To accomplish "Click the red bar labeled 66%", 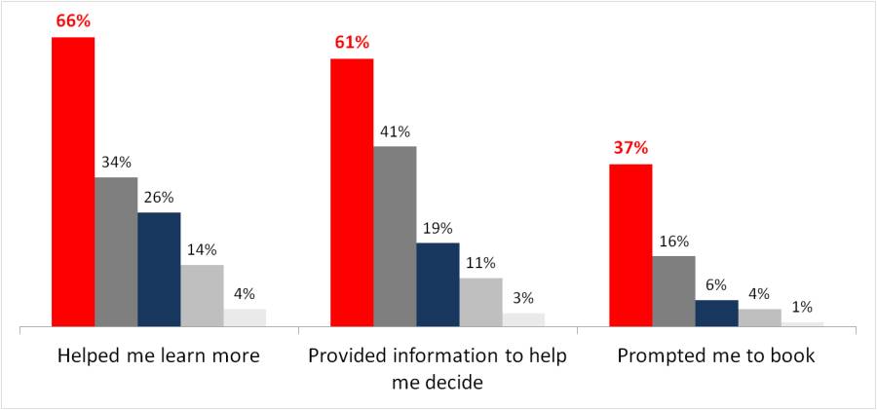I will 73,181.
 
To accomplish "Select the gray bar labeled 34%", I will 116,251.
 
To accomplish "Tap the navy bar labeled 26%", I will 159,269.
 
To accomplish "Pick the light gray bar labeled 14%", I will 202,295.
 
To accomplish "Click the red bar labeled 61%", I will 352,192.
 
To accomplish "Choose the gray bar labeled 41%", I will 395,236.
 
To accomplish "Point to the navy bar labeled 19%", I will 438,284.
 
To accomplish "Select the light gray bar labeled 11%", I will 480,302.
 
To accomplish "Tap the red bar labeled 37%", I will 630,244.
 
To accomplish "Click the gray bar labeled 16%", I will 673,290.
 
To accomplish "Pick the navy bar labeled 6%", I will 716,313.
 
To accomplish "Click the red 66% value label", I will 73,19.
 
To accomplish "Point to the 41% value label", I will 395,131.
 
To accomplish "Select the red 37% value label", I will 630,148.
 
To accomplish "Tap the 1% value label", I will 802,307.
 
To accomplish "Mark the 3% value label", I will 523,298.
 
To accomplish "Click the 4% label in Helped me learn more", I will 245,293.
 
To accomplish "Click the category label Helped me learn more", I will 159,355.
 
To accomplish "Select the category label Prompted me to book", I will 716,355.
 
